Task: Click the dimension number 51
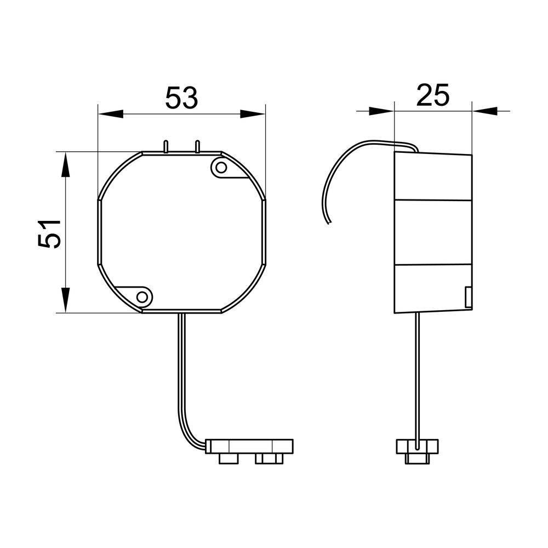49,234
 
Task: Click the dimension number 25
433,95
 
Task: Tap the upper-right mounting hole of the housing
221,168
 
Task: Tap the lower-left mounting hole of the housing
142,297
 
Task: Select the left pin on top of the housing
166,146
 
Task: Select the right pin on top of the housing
197,146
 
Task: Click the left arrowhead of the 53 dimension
111,113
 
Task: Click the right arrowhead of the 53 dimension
253,113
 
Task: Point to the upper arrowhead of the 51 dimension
65,164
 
